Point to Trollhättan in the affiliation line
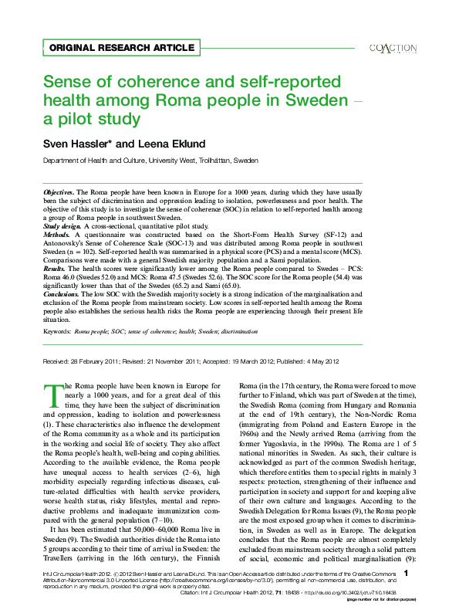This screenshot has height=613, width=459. (x=212, y=161)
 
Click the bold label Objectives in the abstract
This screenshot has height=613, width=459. (x=58, y=190)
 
